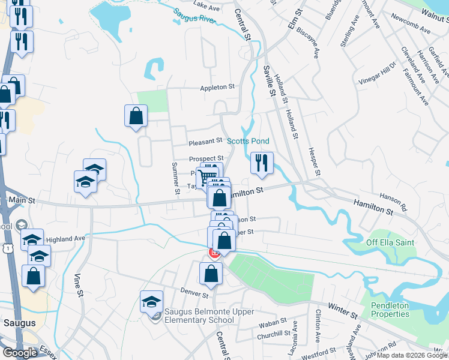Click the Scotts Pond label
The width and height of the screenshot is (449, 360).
(247, 141)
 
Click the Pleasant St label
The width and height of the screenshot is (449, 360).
(205, 142)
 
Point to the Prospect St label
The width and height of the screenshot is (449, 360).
(206, 158)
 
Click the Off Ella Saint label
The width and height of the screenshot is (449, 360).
(391, 243)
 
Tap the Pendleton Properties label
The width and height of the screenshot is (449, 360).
(390, 310)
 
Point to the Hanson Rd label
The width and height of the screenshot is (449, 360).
(393, 202)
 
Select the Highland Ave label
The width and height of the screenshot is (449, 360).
(65, 238)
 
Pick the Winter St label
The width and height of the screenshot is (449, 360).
(343, 311)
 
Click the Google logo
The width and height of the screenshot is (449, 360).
(20, 353)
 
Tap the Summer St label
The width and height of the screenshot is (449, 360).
(176, 179)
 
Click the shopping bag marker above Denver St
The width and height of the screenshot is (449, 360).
(211, 274)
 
